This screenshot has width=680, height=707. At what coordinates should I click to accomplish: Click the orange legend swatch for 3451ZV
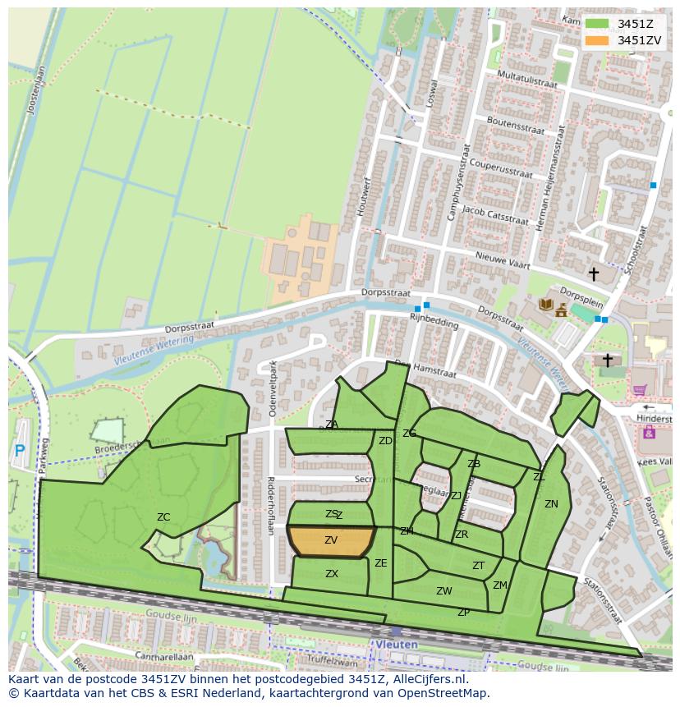[597, 40]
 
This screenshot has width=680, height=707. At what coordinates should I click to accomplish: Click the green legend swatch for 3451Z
[597, 24]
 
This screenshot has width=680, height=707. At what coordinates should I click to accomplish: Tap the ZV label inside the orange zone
[331, 540]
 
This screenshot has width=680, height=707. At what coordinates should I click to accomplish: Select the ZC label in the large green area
[163, 517]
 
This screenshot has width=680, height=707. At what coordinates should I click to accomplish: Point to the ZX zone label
[332, 574]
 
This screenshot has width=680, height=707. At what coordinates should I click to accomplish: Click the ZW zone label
[443, 591]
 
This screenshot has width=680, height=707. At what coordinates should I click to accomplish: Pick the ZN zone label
[551, 504]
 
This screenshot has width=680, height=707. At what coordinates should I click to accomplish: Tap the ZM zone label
[499, 585]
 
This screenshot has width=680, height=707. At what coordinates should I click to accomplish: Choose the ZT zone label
[478, 566]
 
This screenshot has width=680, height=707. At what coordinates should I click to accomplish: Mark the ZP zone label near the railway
[463, 613]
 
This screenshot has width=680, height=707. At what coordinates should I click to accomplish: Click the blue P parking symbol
[20, 451]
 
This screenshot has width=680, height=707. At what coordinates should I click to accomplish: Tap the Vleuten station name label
[397, 645]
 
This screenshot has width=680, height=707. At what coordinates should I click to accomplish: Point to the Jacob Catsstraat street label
[494, 215]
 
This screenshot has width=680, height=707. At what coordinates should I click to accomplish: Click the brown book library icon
[545, 305]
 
